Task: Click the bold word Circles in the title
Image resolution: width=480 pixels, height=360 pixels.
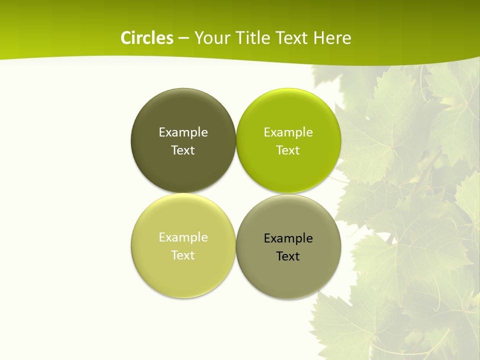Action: coord(147,38)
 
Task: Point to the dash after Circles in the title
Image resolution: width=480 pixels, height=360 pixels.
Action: coord(183,38)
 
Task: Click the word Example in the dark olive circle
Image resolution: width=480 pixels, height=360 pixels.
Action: coord(183,132)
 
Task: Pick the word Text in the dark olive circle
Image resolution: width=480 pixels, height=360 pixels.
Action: coord(183,150)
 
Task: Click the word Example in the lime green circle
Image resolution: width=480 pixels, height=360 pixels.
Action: coord(288,132)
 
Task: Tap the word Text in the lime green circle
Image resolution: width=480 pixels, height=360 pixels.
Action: coord(288,150)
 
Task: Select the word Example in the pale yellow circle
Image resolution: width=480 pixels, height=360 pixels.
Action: coord(183,237)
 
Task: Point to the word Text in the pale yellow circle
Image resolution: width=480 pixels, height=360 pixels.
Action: coord(183,255)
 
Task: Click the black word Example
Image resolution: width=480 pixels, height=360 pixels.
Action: coord(288,238)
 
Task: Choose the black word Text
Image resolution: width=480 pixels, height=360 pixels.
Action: coord(288,256)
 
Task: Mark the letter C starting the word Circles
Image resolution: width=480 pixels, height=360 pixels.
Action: coord(126,38)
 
